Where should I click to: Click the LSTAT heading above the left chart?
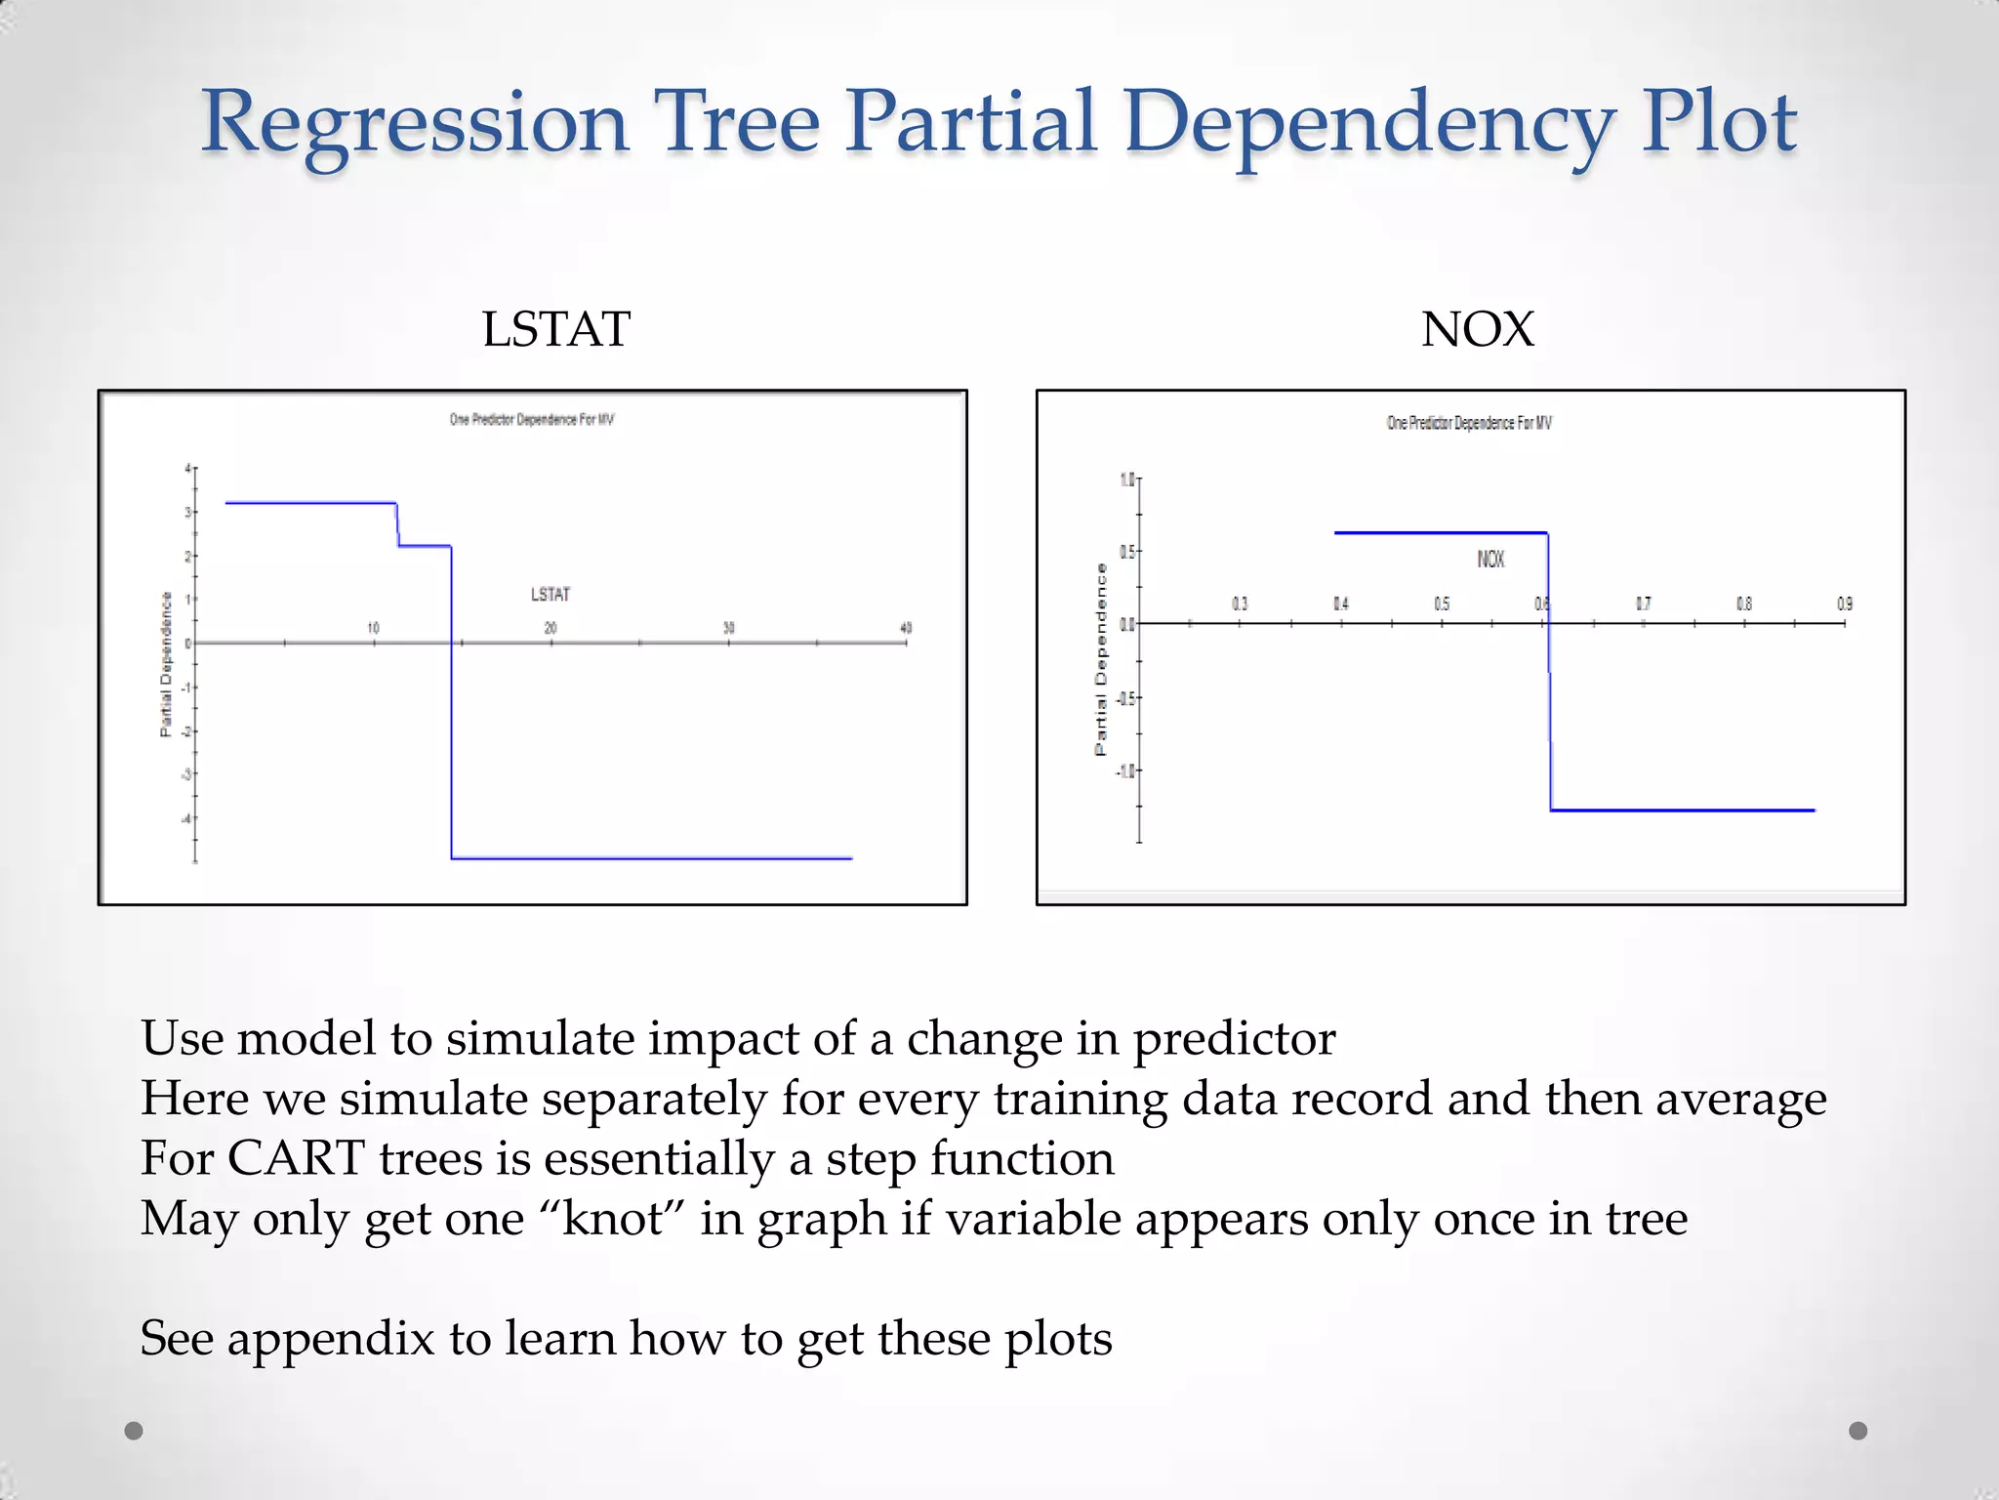pos(556,329)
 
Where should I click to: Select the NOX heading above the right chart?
pos(1477,329)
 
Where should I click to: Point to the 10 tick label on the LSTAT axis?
pos(373,628)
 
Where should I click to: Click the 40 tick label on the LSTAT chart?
pos(906,628)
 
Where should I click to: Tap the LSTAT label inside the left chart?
pos(551,594)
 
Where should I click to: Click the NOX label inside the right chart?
pos(1490,559)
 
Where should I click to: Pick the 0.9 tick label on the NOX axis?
pos(1844,604)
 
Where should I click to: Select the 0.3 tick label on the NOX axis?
pos(1240,604)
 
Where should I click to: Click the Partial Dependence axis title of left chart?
pos(166,664)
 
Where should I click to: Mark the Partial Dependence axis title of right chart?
pos(1101,659)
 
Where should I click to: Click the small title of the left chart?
pos(532,420)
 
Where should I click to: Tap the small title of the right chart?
pos(1469,423)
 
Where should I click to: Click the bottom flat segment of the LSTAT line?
pos(652,858)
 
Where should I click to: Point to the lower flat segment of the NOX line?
pos(1682,810)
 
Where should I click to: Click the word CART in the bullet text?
pos(297,1159)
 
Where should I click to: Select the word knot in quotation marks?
pos(613,1219)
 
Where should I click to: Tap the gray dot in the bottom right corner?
pos(1857,1431)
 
